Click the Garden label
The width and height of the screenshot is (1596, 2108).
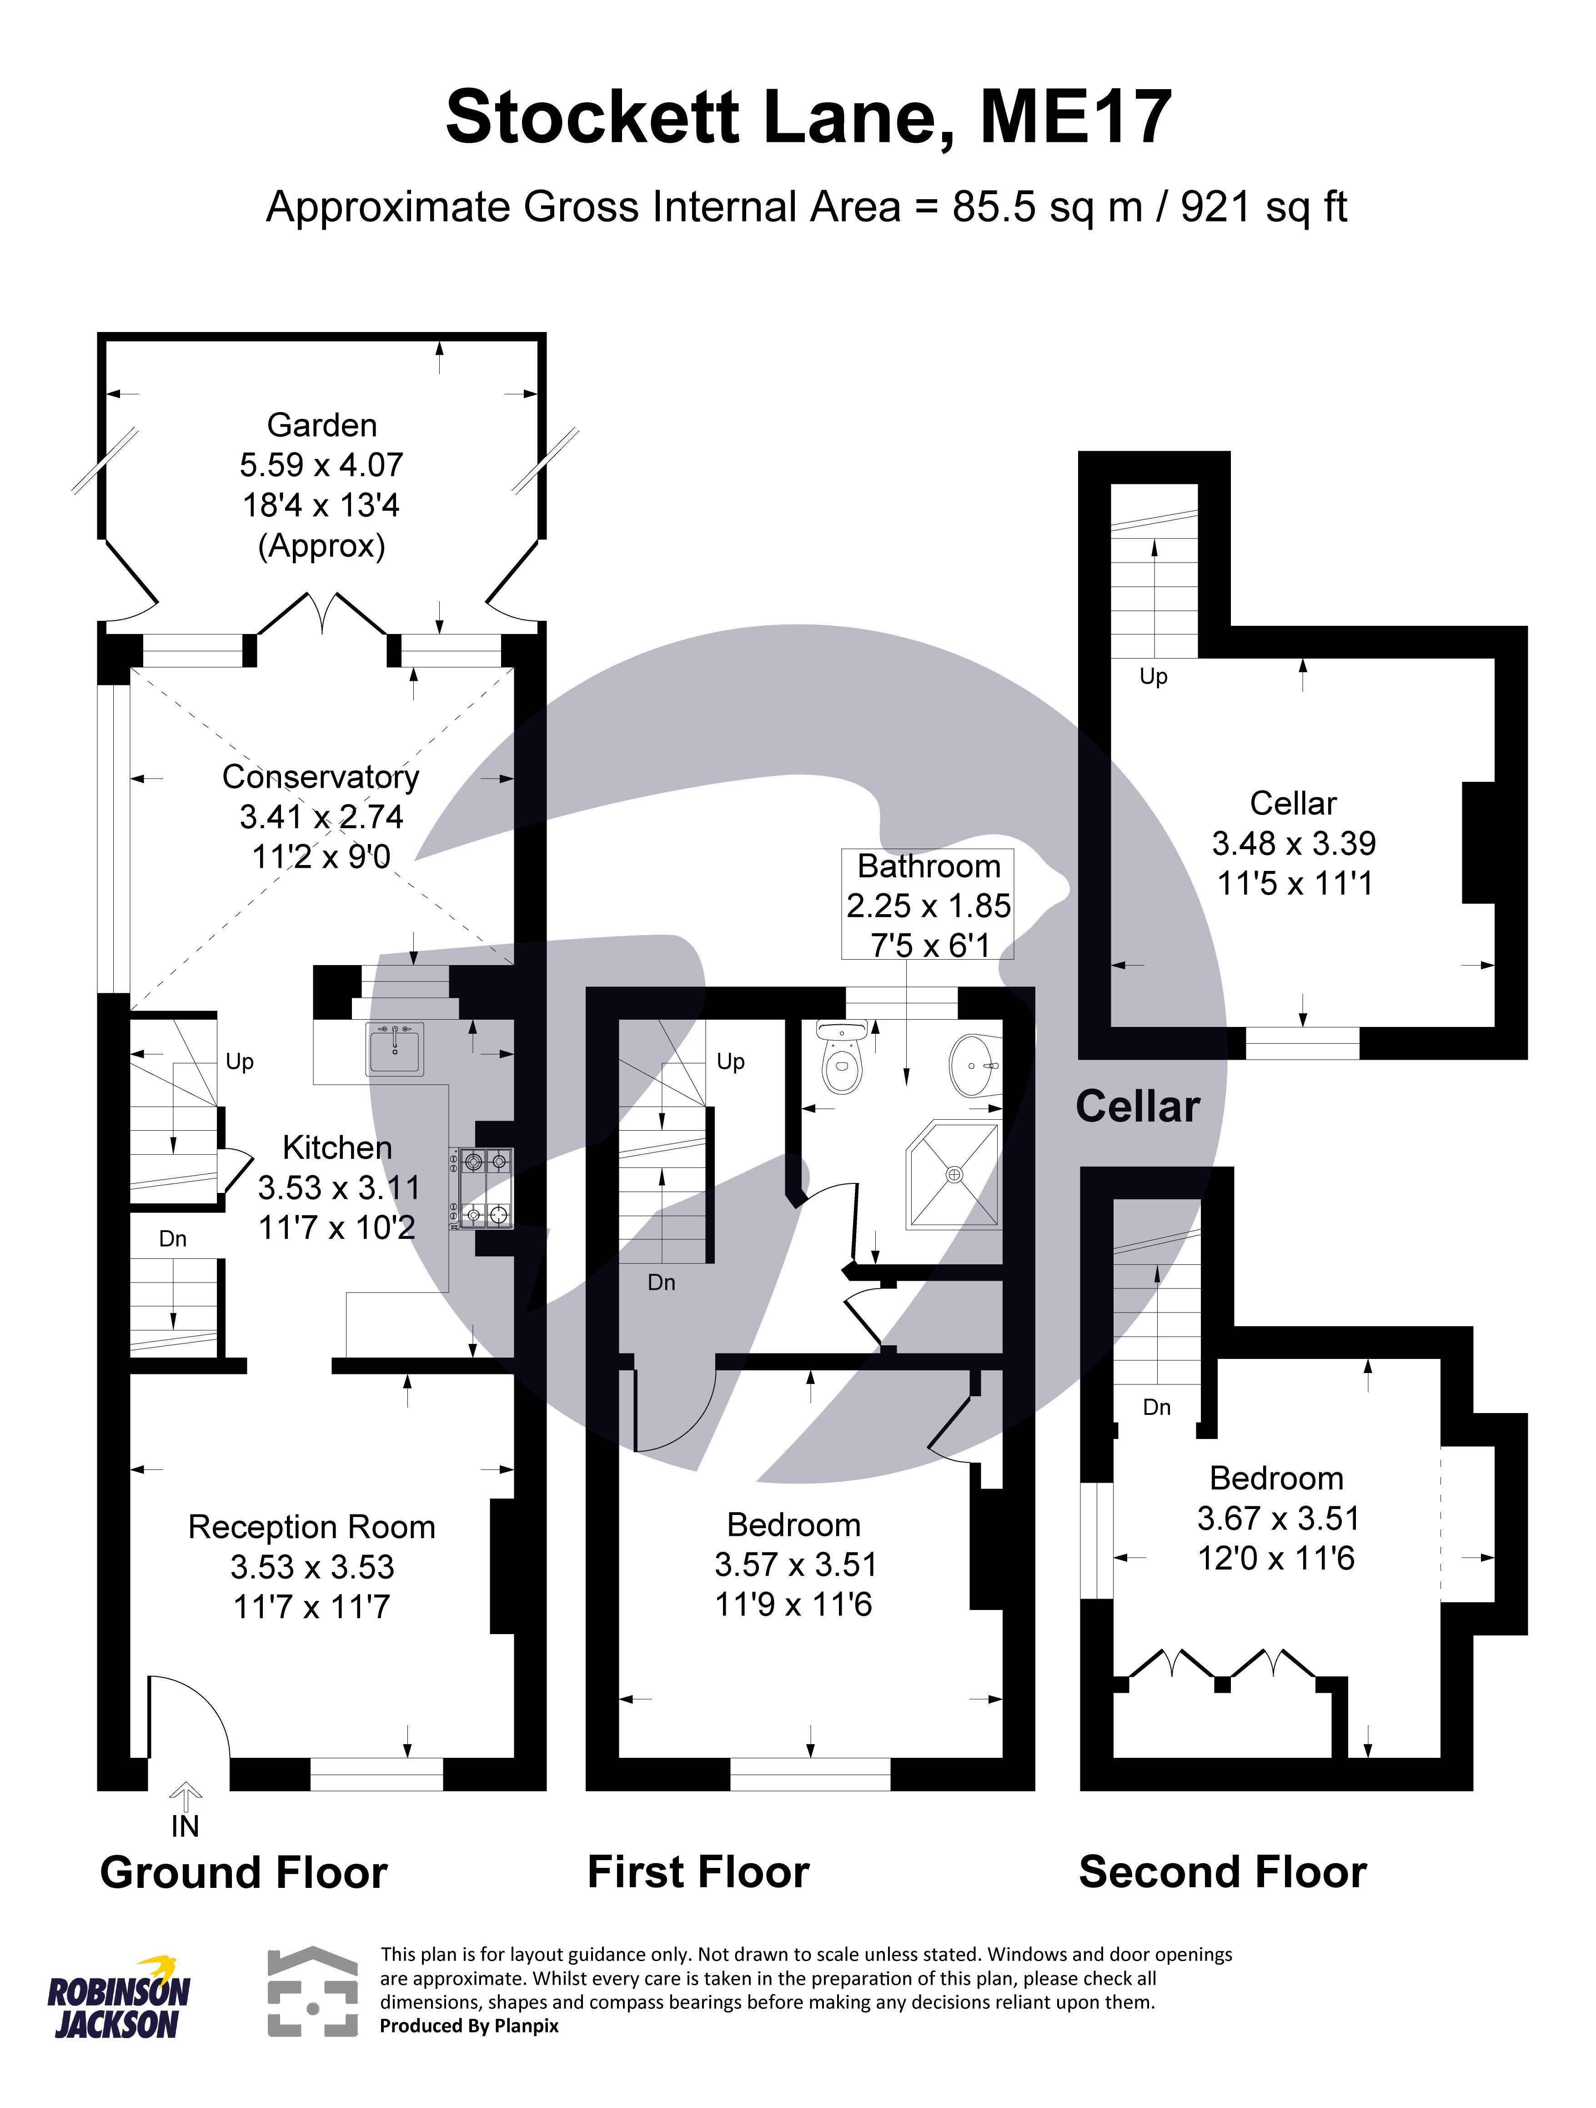pyautogui.click(x=322, y=425)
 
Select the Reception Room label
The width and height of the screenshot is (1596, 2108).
pyautogui.click(x=311, y=1527)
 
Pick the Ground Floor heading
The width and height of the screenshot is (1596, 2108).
pyautogui.click(x=244, y=1872)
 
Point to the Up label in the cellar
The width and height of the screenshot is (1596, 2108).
pyautogui.click(x=1153, y=677)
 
